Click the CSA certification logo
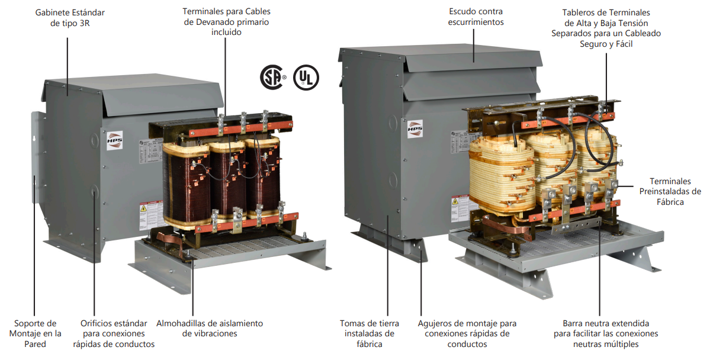click(273, 77)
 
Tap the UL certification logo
click(306, 77)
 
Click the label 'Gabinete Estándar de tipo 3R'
click(65, 17)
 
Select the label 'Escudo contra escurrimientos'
click(476, 17)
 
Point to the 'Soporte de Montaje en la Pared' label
click(36, 333)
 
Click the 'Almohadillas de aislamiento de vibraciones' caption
click(210, 328)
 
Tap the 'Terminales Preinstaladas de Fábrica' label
click(670, 191)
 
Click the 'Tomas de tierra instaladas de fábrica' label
click(370, 333)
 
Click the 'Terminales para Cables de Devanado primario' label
click(226, 22)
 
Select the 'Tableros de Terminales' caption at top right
click(606, 28)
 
